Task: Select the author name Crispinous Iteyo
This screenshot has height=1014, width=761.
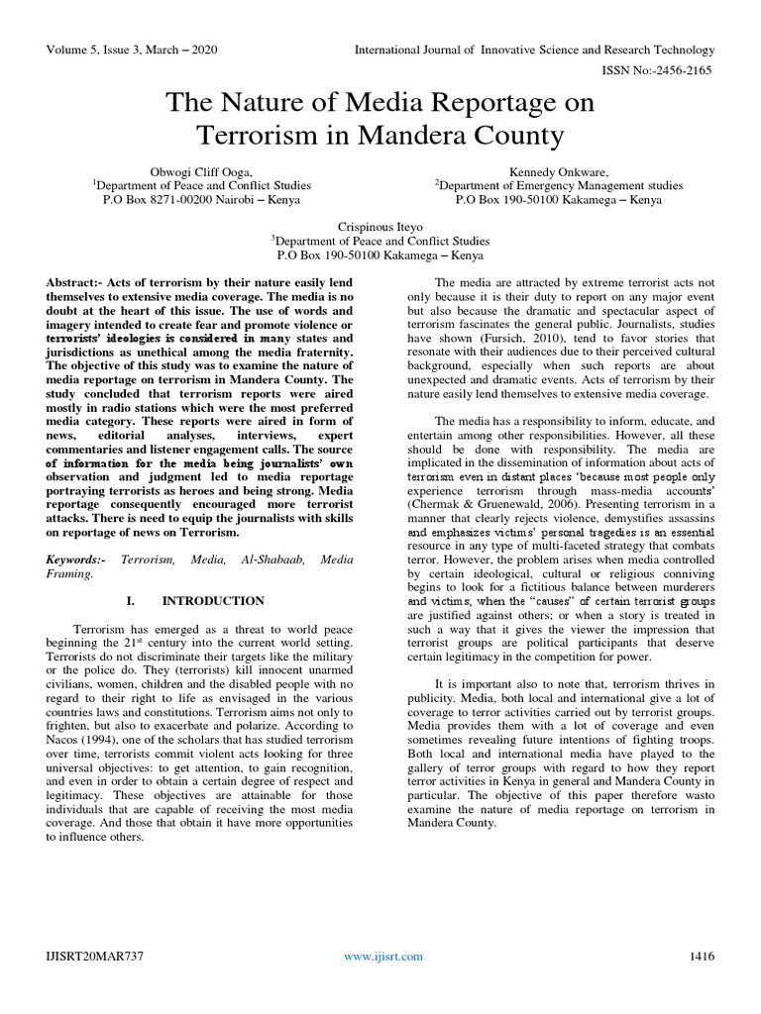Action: point(380,227)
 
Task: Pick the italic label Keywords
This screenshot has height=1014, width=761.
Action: point(76,559)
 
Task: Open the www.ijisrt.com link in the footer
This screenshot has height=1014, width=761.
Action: point(382,956)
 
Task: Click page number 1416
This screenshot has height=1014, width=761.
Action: point(701,956)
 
